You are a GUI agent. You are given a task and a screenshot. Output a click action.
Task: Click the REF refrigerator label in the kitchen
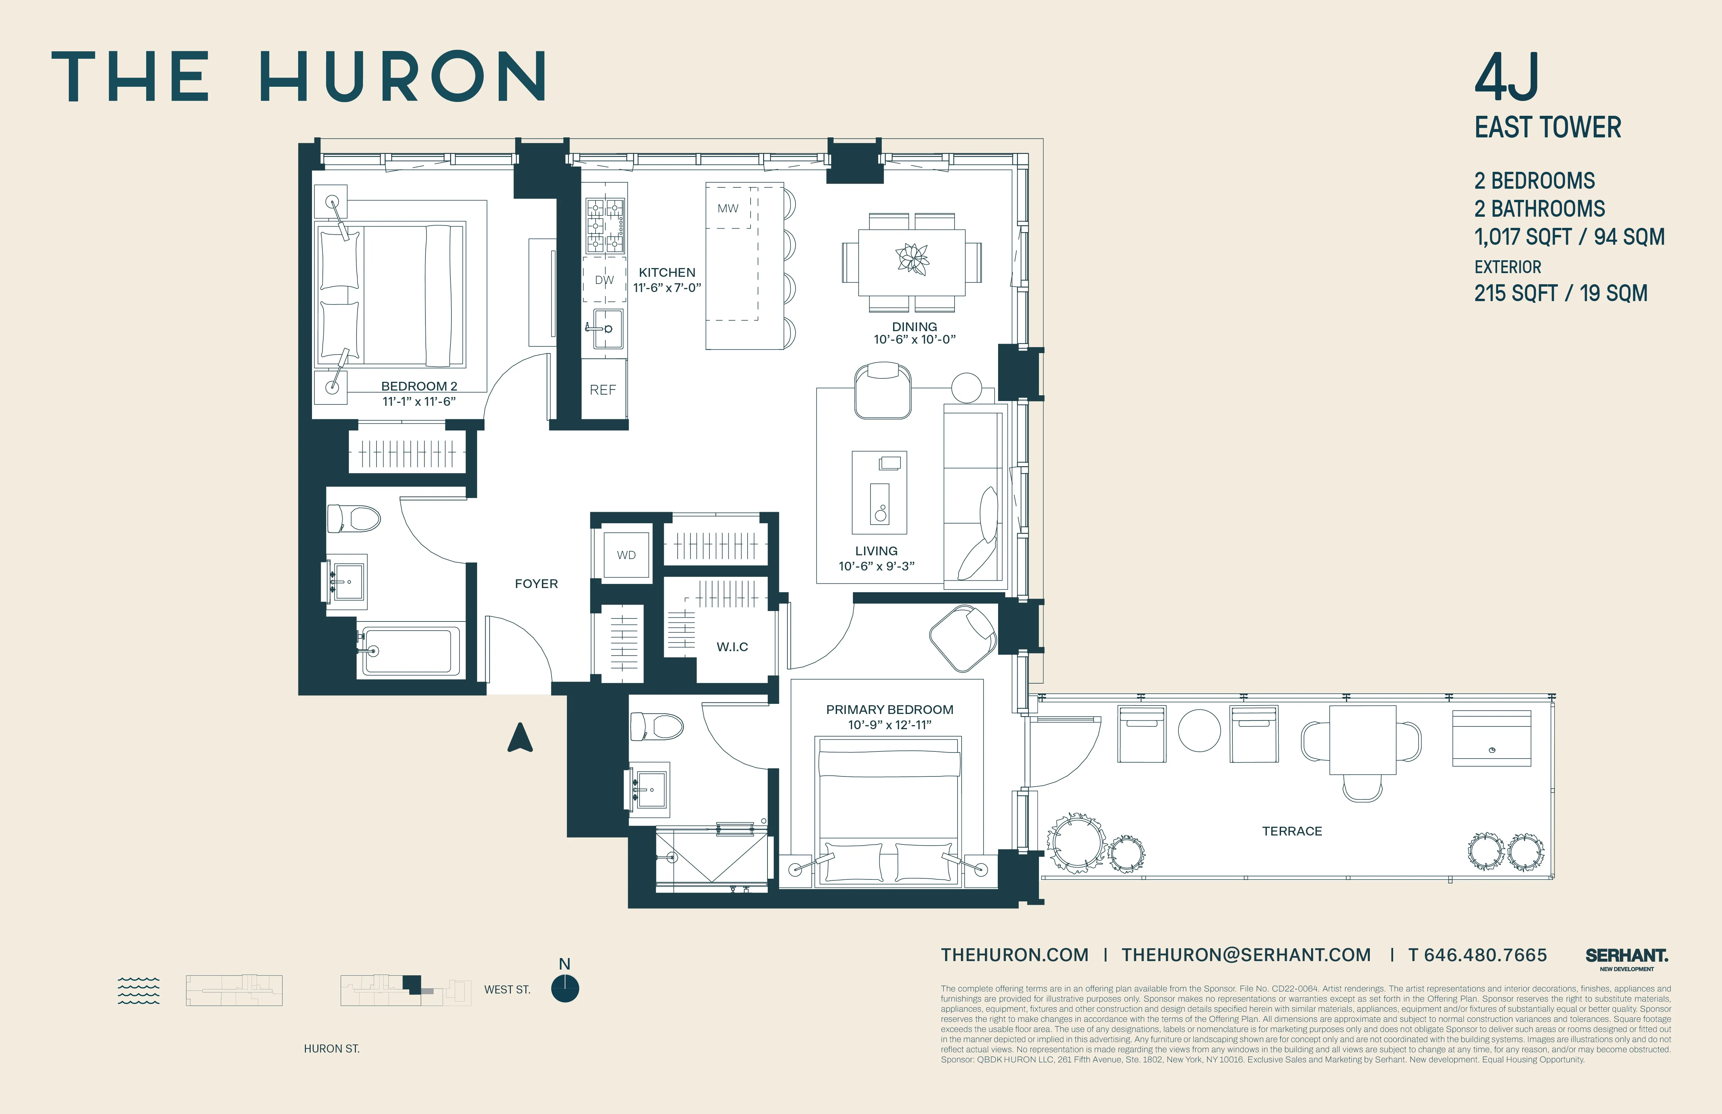click(603, 390)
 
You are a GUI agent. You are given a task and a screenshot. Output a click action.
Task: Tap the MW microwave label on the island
click(728, 208)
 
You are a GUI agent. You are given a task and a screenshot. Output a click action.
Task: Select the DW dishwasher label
click(604, 280)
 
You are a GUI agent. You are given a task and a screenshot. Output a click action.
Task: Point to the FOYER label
click(536, 584)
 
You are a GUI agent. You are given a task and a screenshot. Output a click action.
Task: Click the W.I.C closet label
click(732, 647)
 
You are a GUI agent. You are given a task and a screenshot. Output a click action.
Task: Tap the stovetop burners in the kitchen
click(605, 224)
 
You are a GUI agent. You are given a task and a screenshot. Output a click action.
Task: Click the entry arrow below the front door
click(520, 738)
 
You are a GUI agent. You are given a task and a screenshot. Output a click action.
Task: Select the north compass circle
click(565, 989)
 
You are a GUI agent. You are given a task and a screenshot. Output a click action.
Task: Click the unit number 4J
click(1507, 78)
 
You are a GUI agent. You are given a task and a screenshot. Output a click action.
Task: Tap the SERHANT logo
click(1626, 956)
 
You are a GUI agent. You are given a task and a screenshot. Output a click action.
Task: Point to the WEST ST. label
click(507, 989)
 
